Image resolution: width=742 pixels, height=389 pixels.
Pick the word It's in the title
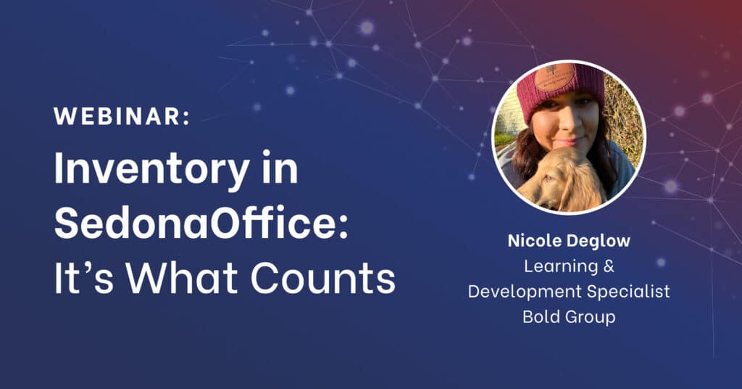(x=84, y=278)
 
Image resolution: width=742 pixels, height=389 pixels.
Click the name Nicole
(x=530, y=241)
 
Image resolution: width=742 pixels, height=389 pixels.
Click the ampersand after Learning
(x=608, y=266)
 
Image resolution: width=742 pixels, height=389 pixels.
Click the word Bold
(x=539, y=316)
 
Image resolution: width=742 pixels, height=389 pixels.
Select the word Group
(x=588, y=317)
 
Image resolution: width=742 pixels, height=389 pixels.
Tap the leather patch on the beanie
(x=555, y=77)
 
